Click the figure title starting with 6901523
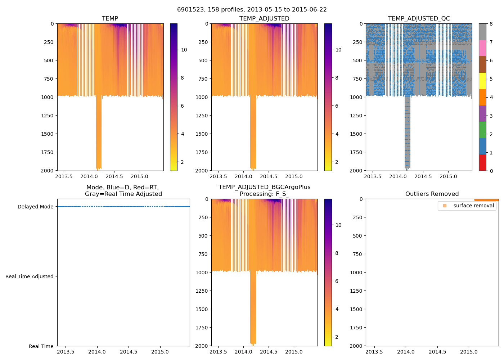click(252, 10)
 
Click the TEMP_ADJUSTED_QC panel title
click(419, 19)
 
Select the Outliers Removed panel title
click(432, 194)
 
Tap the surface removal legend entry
click(473, 206)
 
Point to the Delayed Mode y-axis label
click(35, 207)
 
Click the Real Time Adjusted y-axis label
click(30, 276)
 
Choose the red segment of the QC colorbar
click(482, 163)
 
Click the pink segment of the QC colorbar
click(482, 48)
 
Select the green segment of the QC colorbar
click(482, 130)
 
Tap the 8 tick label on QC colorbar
click(491, 24)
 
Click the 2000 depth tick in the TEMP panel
click(47, 171)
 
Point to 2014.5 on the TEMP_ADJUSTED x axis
click(269, 176)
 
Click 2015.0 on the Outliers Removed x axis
click(469, 352)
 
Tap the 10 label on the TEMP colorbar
click(184, 50)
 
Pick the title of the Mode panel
click(123, 190)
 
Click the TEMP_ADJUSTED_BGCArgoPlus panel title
click(264, 190)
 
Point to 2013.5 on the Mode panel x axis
click(66, 352)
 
